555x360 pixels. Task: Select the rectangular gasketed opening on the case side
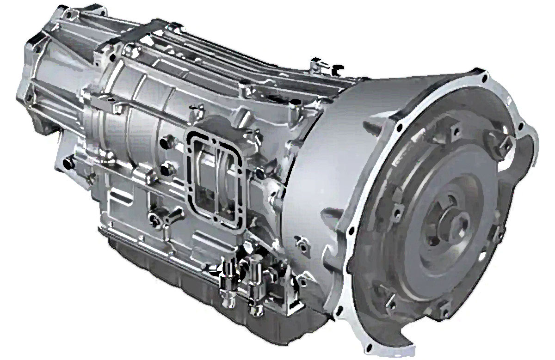211,171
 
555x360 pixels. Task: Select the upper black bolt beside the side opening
167,138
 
